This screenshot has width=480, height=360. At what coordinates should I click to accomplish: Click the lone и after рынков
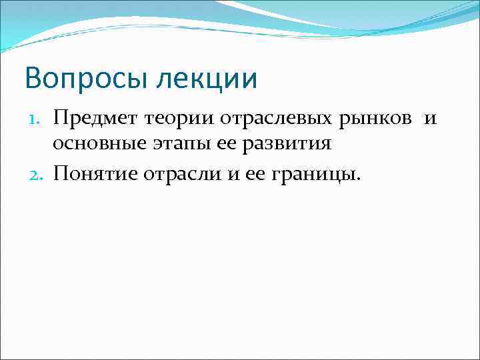tap(431, 119)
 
